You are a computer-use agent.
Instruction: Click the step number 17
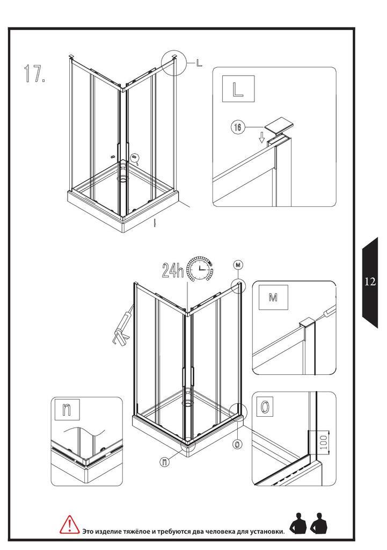pos(34,73)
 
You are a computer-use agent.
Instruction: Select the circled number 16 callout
pos(237,127)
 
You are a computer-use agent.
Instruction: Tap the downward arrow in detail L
pos(261,139)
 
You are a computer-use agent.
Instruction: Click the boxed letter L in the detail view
pos(238,89)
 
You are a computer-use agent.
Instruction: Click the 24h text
pos(173,270)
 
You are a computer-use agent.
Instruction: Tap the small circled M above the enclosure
pos(238,265)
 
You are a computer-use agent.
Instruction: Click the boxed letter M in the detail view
pos(273,298)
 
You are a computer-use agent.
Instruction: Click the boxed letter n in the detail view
pos(67,409)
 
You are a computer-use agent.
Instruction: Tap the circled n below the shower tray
pos(164,462)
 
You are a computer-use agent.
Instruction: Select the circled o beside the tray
pos(237,444)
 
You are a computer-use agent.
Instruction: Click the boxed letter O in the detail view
pos(265,407)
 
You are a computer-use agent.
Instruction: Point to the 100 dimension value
pos(324,443)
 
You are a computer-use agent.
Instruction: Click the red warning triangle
pos(70,525)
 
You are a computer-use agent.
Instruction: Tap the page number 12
pos(370,281)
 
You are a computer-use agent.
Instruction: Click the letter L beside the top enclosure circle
pos(199,63)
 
